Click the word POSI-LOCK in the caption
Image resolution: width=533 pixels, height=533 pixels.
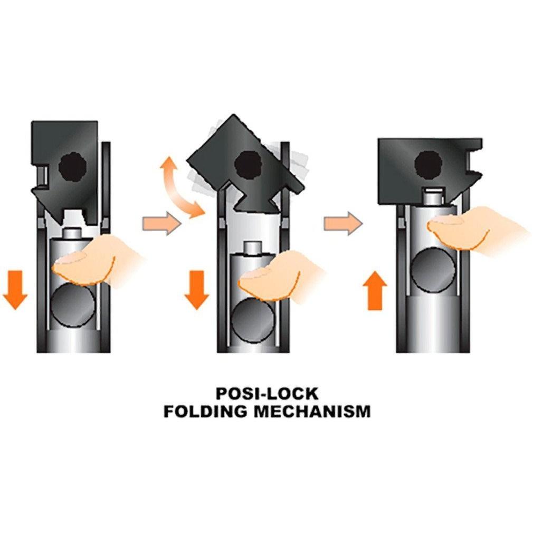point(267,394)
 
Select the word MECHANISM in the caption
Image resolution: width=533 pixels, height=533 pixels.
point(312,411)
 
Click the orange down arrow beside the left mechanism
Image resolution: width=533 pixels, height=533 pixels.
point(15,290)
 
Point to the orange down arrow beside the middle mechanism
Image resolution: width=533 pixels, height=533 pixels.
point(196,290)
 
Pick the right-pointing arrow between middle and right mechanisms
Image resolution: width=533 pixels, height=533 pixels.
point(343,223)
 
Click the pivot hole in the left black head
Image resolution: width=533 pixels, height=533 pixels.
point(72,167)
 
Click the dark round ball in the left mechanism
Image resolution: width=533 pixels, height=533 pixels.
point(73,307)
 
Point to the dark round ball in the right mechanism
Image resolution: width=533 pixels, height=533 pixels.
point(433,270)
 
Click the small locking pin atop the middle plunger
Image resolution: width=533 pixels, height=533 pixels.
point(253,248)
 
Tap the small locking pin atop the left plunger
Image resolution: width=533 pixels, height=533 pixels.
point(73,234)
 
